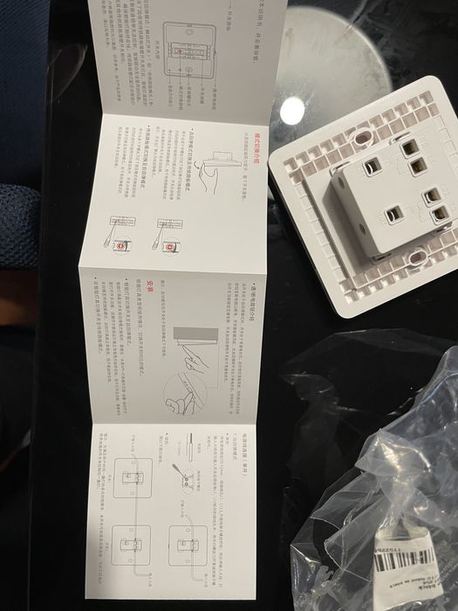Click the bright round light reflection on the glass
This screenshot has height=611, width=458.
point(292,110)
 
